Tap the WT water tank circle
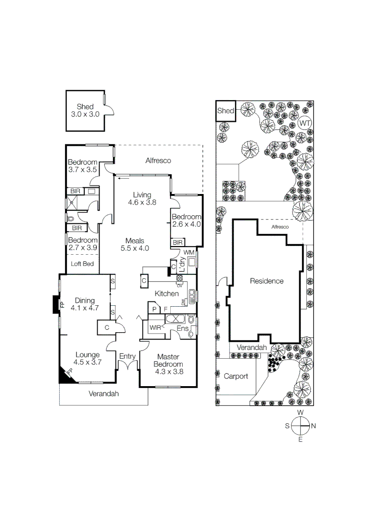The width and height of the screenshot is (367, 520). tap(305, 123)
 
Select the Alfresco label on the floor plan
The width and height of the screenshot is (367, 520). tap(158, 161)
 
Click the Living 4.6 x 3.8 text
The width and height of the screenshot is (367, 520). tap(142, 199)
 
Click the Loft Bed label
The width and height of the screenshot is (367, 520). tap(82, 264)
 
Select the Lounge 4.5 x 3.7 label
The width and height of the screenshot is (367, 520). tap(87, 359)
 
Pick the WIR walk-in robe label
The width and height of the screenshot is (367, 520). tap(155, 327)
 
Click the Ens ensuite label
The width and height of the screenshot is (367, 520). tap(182, 328)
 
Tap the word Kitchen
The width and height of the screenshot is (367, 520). tap(166, 294)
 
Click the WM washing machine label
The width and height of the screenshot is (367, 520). tap(189, 252)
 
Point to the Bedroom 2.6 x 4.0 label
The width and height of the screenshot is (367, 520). tap(186, 221)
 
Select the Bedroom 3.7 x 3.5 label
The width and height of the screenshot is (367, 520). tap(83, 166)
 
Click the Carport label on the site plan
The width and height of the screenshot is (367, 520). tap(236, 376)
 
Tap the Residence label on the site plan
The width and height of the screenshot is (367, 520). tap(266, 281)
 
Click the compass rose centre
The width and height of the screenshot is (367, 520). tap(301, 426)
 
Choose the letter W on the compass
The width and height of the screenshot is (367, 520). tap(301, 413)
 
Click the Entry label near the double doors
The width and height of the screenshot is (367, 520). tap(127, 356)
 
